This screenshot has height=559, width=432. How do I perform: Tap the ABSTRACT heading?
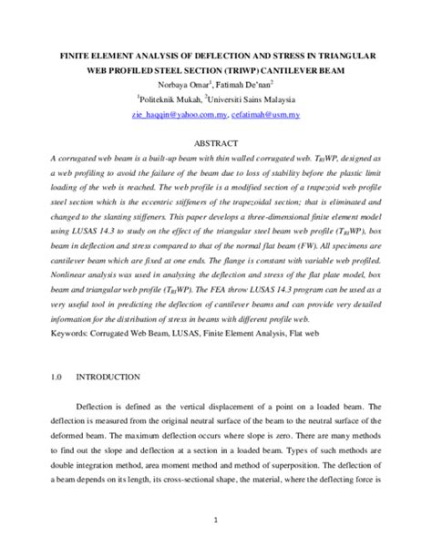tap(215, 143)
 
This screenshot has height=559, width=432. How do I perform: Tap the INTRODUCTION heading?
tap(107, 377)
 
